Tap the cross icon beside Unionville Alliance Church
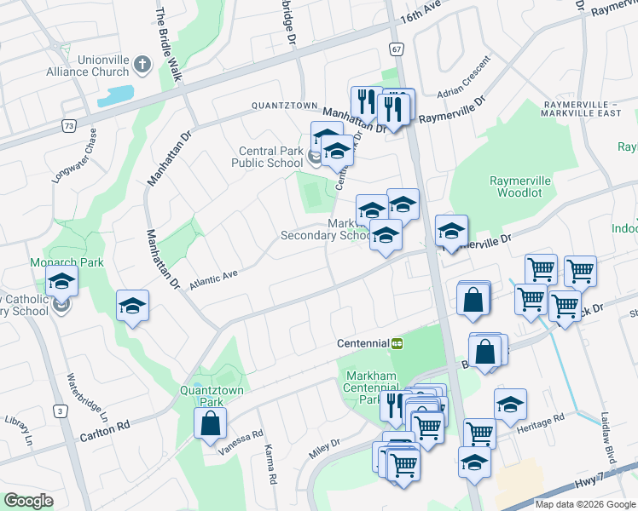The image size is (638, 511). point(142,64)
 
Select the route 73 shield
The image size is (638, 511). point(67,125)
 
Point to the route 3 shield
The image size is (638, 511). point(60,411)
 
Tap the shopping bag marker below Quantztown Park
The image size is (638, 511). point(210,423)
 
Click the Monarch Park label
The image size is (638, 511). point(67,262)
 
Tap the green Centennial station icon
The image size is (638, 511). point(397,343)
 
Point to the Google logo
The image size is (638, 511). point(28,501)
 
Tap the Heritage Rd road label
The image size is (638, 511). point(547,419)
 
